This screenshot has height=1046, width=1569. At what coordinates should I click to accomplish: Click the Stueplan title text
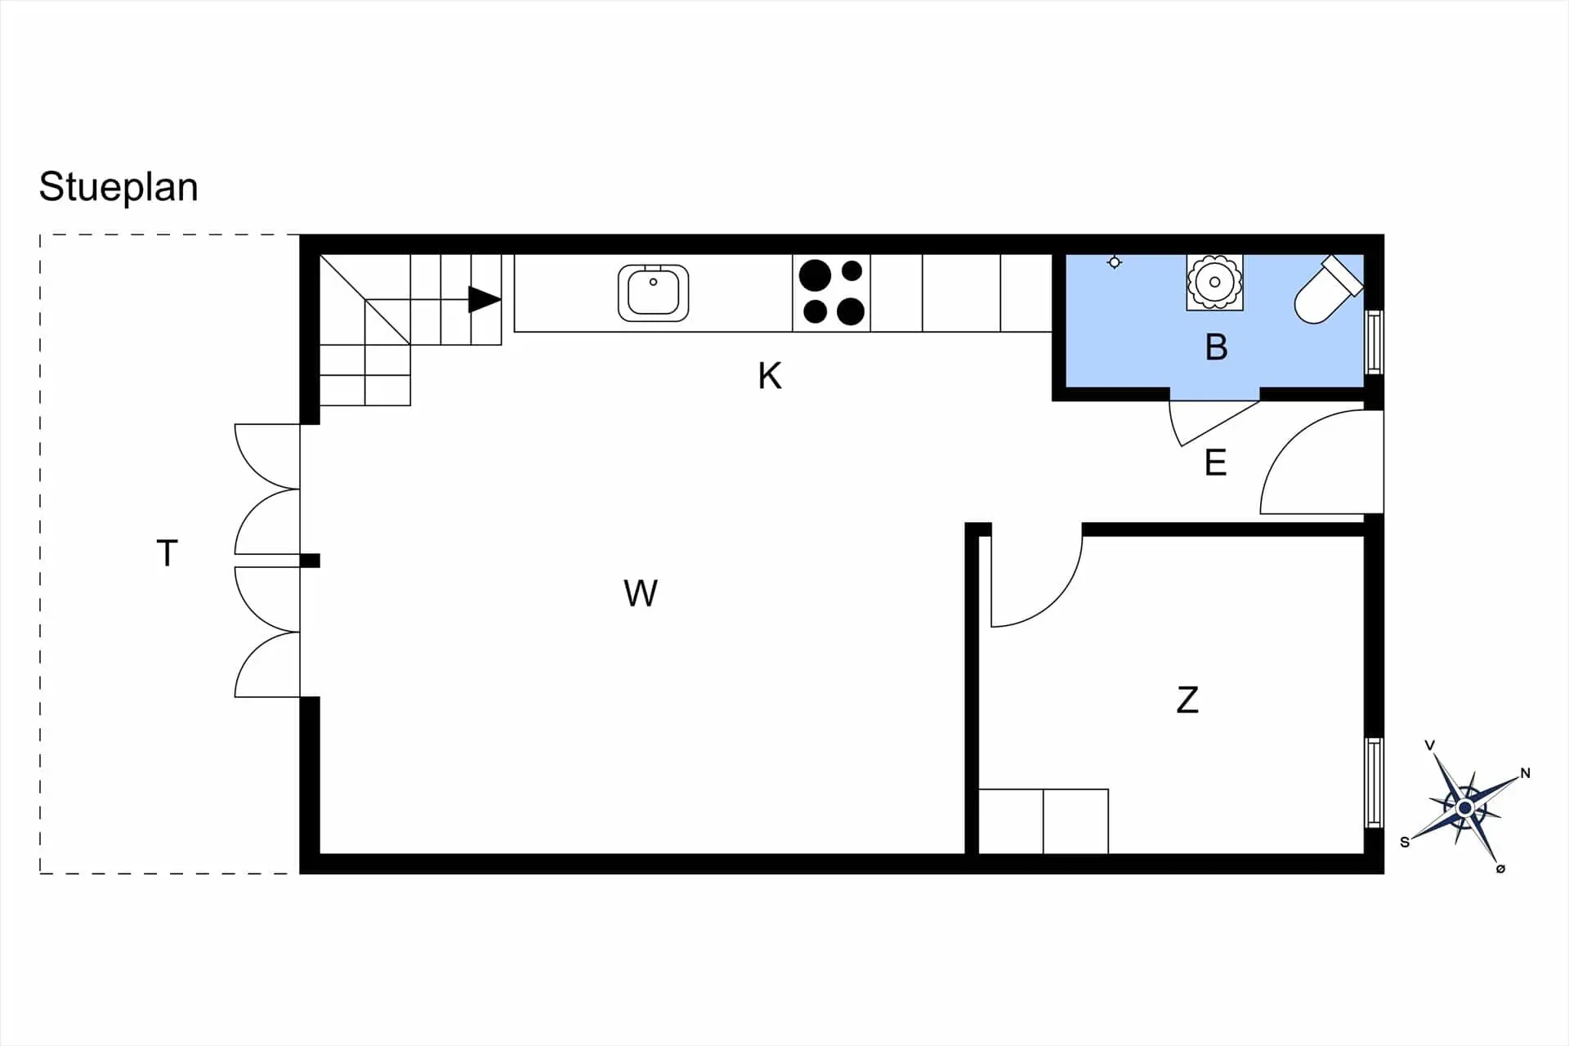click(x=118, y=187)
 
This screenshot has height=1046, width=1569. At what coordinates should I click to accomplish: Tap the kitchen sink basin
click(x=653, y=293)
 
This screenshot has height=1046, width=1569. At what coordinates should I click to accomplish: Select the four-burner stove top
click(x=831, y=293)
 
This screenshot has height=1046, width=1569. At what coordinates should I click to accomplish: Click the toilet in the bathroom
click(x=1325, y=292)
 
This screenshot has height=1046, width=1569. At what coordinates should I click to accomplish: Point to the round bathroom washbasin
click(x=1214, y=282)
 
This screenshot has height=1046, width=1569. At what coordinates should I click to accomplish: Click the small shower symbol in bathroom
click(x=1114, y=262)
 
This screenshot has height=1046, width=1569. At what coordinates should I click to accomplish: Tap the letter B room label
click(x=1216, y=347)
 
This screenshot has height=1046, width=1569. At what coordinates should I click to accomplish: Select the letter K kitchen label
click(x=769, y=376)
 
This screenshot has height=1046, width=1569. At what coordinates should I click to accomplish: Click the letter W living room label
click(x=640, y=593)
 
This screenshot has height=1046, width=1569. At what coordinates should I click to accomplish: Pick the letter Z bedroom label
click(x=1187, y=700)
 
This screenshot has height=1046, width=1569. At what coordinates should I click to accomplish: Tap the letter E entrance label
click(x=1215, y=463)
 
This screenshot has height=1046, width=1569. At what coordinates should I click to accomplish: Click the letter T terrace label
click(x=167, y=553)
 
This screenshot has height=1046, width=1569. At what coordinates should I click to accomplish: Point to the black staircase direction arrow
click(x=484, y=299)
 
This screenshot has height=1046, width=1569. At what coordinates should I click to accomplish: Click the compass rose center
click(x=1464, y=808)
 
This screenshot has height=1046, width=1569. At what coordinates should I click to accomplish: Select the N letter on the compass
click(x=1525, y=773)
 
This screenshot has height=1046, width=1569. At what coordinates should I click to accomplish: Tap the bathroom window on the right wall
click(x=1375, y=342)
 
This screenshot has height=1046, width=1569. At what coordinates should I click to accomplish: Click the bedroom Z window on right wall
click(x=1375, y=782)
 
